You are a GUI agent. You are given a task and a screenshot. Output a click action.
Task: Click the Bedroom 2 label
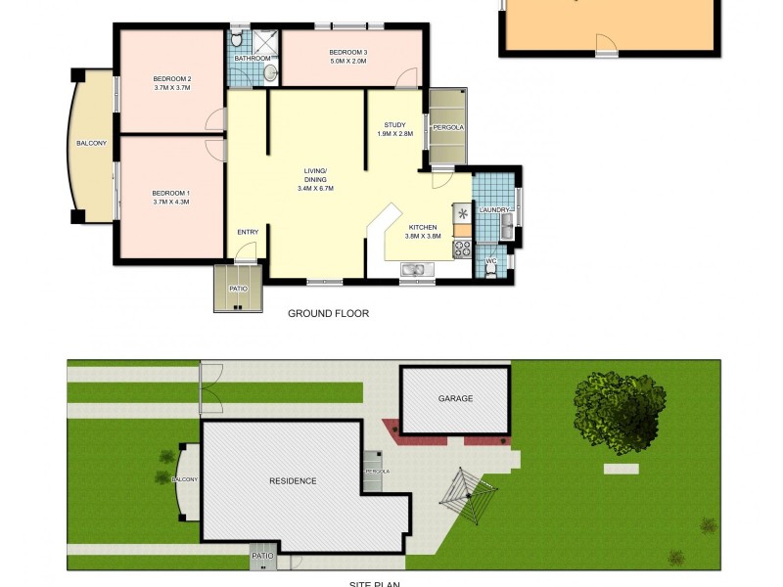click(171, 78)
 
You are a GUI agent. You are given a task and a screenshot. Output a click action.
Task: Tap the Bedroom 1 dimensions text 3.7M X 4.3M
click(171, 202)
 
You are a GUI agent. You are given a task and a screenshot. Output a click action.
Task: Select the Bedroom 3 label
click(347, 52)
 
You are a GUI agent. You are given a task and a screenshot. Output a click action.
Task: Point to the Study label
click(394, 124)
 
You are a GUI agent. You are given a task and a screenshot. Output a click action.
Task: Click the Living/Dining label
click(315, 175)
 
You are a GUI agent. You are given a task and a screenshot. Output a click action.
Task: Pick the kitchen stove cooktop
click(462, 248)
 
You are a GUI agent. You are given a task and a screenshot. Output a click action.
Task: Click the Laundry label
click(493, 209)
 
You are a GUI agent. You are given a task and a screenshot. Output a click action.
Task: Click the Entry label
click(249, 231)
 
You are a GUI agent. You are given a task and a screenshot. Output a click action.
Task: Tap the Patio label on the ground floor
click(238, 289)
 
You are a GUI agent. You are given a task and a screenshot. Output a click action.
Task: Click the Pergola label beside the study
click(448, 128)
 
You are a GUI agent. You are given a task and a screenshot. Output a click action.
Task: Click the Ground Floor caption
click(328, 314)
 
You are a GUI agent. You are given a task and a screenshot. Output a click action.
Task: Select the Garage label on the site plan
click(455, 398)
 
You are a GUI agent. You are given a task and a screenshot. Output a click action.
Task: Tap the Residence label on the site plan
click(293, 480)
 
